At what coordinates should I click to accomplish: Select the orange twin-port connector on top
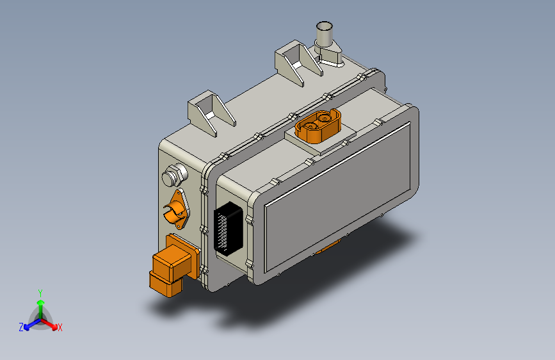pyautogui.click(x=319, y=126)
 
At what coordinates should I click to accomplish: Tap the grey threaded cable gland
pyautogui.click(x=173, y=174)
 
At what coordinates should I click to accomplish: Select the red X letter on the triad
pyautogui.click(x=60, y=328)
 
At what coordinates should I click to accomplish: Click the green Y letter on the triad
pyautogui.click(x=40, y=292)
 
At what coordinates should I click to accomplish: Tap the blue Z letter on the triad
pyautogui.click(x=21, y=327)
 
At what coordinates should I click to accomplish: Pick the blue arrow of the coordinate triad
pyautogui.click(x=29, y=324)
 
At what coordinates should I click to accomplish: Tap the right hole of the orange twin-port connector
pyautogui.click(x=327, y=119)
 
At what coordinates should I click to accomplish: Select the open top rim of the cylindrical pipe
pyautogui.click(x=325, y=26)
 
